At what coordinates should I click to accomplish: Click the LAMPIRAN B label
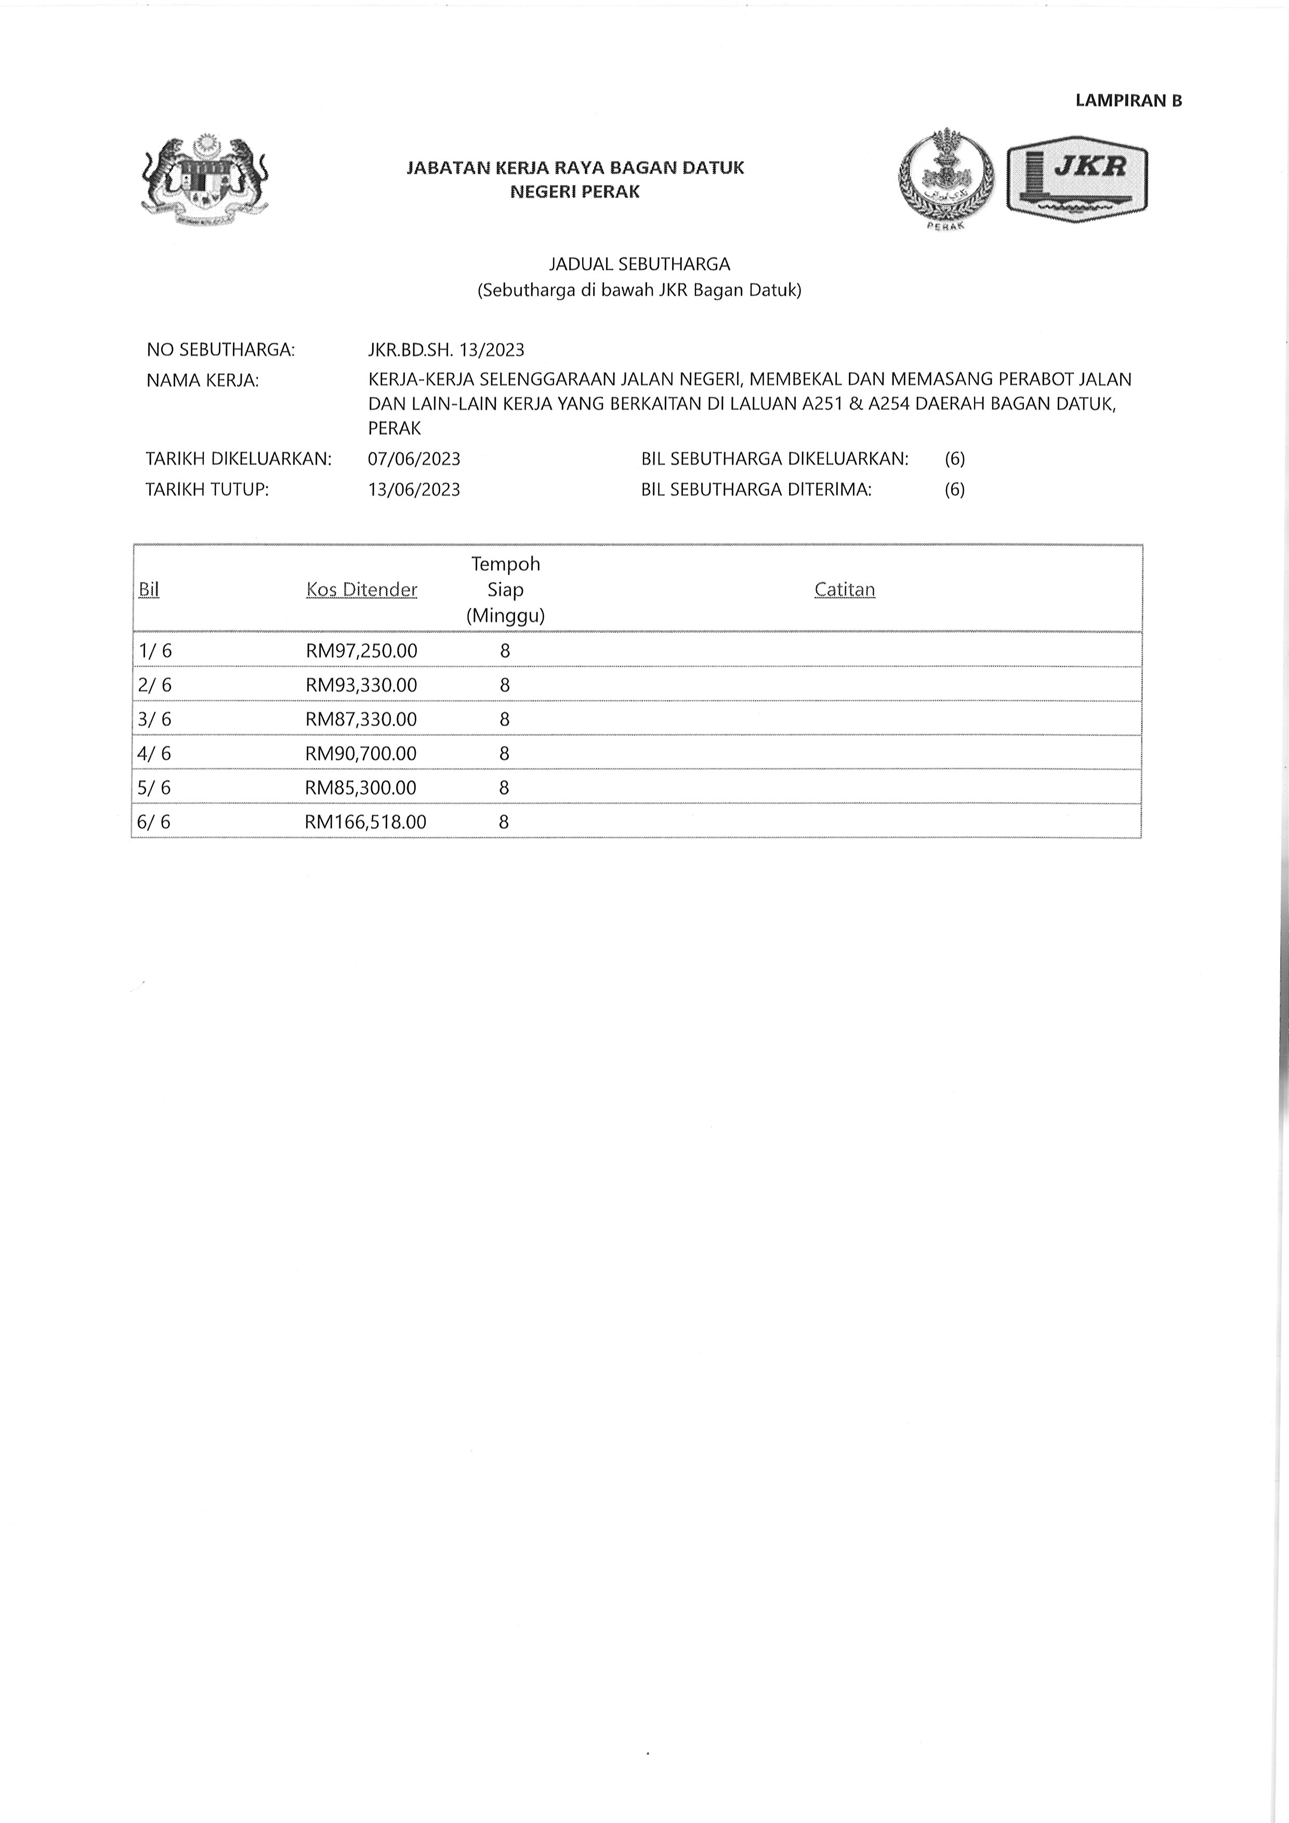(1128, 101)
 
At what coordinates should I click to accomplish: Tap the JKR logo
(1077, 180)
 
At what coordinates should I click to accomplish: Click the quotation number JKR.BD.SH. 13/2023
(446, 350)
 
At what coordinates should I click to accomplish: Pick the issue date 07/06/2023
(414, 459)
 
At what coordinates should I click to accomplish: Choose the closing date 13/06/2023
(414, 489)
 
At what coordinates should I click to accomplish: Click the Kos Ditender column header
(361, 590)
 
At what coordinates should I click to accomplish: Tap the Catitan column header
(845, 590)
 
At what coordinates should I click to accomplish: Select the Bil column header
(149, 590)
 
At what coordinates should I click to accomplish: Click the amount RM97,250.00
(361, 651)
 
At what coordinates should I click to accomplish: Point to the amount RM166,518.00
(365, 822)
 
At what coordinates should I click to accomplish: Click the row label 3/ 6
(155, 719)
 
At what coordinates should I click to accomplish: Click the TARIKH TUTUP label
(207, 489)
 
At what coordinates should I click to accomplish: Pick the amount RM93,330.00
(361, 685)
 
